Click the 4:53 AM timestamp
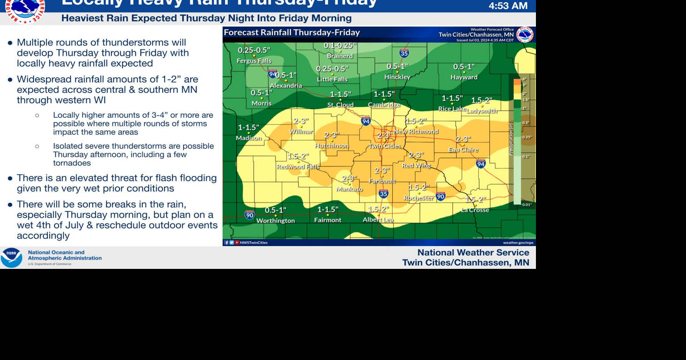click(x=508, y=6)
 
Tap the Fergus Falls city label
click(x=254, y=61)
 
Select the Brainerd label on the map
click(x=340, y=56)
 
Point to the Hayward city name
click(x=464, y=77)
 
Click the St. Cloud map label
click(x=340, y=105)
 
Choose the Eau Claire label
click(x=463, y=150)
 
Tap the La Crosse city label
click(x=475, y=210)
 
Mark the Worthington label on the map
click(x=276, y=221)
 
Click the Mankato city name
click(x=349, y=189)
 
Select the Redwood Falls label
click(x=298, y=167)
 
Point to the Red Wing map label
click(x=416, y=165)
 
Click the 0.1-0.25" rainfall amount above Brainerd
click(x=340, y=46)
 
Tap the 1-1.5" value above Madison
click(x=248, y=128)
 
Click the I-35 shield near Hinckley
click(x=404, y=53)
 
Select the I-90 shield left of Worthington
click(x=250, y=215)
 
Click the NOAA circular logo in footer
click(x=12, y=258)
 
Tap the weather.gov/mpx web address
click(x=518, y=243)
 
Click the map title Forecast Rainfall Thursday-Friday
click(x=292, y=33)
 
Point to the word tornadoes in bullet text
click(x=72, y=163)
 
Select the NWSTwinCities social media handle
click(x=254, y=243)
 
